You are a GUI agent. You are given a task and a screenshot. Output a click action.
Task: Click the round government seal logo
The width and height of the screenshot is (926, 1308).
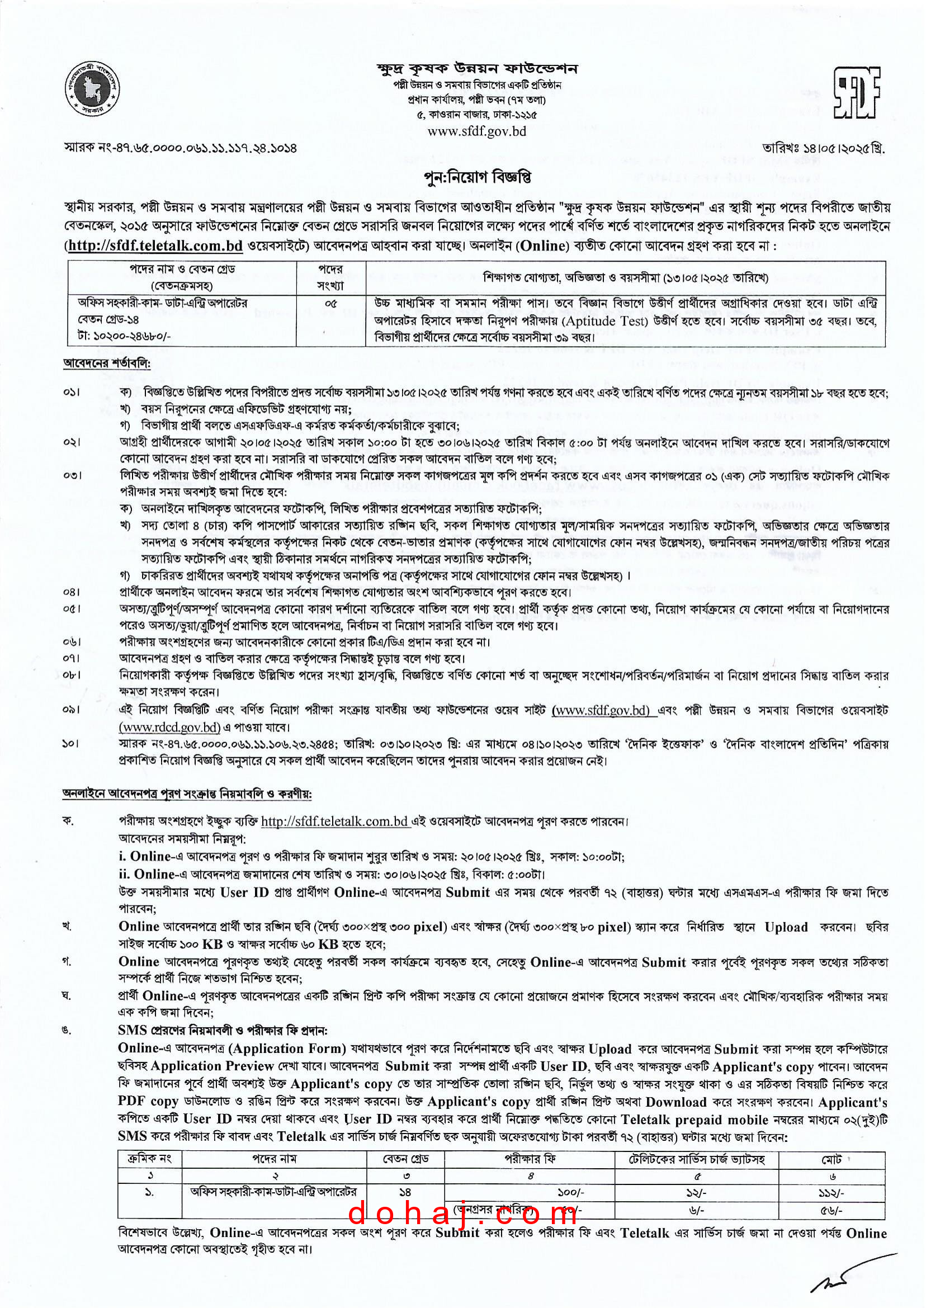(x=92, y=88)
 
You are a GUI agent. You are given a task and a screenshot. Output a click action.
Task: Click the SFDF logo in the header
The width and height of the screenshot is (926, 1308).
(x=857, y=92)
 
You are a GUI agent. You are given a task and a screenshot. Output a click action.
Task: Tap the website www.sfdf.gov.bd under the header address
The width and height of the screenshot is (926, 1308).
(x=476, y=131)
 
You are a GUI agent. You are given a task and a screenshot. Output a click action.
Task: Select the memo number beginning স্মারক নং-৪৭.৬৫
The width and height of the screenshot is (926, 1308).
(x=180, y=148)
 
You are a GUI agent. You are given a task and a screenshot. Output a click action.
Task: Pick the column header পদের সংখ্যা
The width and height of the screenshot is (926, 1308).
(x=330, y=277)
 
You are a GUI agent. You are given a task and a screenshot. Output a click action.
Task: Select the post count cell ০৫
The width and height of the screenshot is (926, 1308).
(x=330, y=303)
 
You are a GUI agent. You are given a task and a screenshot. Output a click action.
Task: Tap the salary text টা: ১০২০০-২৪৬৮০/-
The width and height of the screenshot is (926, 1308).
(x=124, y=337)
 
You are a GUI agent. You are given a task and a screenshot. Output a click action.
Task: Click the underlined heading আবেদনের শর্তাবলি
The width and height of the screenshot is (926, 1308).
(x=107, y=363)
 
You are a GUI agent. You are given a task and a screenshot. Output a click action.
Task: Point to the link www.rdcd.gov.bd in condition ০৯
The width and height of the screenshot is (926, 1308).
(x=169, y=727)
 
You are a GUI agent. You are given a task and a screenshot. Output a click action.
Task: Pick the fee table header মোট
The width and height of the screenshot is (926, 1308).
(x=831, y=1160)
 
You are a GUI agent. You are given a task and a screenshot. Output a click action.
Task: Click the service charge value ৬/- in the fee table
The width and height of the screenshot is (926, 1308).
(x=696, y=1210)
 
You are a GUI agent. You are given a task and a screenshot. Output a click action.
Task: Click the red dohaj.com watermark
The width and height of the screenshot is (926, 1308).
(x=462, y=1213)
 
